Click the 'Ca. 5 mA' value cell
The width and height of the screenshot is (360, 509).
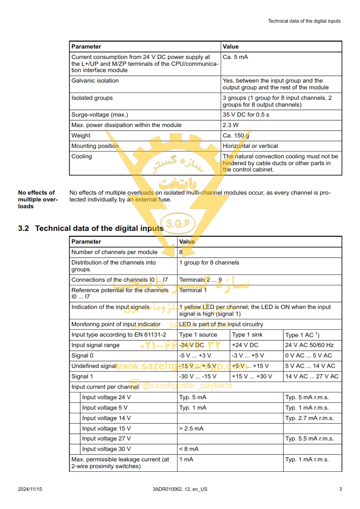coord(235,57)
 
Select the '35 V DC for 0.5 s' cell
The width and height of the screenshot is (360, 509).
coord(246,115)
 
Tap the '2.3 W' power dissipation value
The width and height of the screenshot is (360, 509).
coord(231,125)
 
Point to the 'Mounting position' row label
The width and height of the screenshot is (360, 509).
coord(95,146)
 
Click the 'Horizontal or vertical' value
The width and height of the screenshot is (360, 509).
coord(250,146)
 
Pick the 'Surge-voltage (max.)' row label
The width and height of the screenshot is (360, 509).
coord(99,115)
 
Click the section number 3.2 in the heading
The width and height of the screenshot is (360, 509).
coord(24,228)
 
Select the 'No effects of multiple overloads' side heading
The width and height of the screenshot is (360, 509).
coord(38,200)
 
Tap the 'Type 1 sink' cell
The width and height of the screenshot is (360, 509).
coord(247,335)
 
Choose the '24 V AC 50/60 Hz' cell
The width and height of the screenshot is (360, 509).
coord(310,345)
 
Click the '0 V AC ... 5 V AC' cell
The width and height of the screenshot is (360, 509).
coord(308,356)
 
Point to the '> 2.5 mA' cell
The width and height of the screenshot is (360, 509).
coord(191,428)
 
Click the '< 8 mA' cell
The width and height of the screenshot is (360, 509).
coord(188,449)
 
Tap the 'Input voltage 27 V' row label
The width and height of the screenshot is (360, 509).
coord(106,439)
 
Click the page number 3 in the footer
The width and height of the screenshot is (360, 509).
coord(340,489)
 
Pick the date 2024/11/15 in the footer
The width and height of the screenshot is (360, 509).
coord(30,489)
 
